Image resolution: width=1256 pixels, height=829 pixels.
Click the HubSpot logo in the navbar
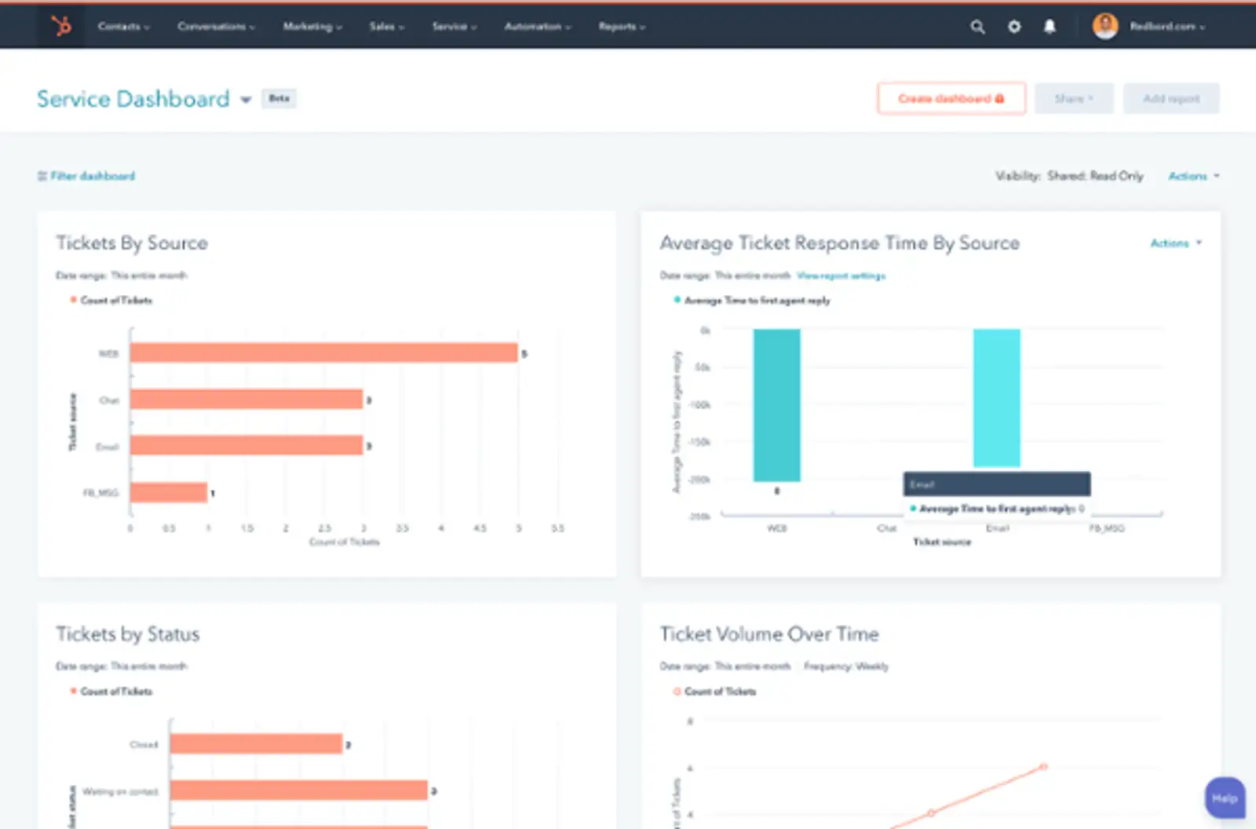[61, 26]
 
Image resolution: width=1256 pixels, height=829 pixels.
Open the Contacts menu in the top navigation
[122, 27]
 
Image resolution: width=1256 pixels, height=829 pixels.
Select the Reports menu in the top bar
[621, 27]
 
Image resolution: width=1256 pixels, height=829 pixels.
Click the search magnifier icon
[977, 27]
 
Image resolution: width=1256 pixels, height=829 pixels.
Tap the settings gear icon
[1014, 27]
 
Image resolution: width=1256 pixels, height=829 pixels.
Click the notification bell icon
[1050, 27]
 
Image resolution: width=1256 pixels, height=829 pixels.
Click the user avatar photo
[1105, 26]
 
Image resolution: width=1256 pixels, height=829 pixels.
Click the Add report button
[1170, 99]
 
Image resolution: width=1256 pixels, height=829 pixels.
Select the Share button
[1073, 99]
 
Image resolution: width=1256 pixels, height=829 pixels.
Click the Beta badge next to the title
[279, 98]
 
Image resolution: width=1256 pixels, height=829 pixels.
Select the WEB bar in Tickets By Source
[323, 353]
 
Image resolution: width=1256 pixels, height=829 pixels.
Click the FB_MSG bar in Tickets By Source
[168, 493]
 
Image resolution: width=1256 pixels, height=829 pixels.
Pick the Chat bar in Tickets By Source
[246, 400]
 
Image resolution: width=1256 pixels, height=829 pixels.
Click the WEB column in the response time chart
[776, 404]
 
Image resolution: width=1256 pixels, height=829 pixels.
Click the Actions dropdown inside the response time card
[1175, 243]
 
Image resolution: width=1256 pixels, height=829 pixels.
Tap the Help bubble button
[1225, 798]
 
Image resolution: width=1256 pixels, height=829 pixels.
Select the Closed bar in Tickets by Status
[256, 743]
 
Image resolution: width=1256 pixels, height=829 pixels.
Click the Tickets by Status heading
[128, 634]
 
